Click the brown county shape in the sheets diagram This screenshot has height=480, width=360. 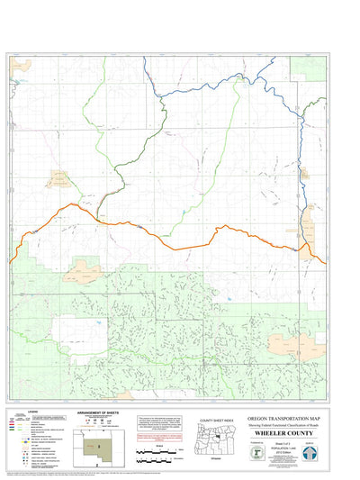(100, 445)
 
